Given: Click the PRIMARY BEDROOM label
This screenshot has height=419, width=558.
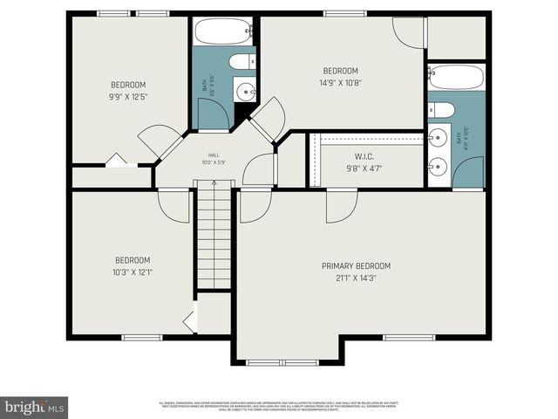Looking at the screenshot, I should [356, 265].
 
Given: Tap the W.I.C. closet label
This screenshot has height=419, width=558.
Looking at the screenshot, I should [364, 158].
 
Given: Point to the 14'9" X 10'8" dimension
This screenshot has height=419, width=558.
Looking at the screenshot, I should [341, 82].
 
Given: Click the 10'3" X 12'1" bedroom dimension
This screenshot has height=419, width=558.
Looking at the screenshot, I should [133, 271].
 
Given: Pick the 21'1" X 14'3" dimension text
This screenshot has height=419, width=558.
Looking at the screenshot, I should [356, 278].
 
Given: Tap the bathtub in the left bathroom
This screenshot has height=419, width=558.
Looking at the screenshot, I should [222, 32].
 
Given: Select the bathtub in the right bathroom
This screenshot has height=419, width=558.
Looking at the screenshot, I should [455, 79].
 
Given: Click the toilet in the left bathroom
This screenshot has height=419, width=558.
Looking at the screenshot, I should [242, 61].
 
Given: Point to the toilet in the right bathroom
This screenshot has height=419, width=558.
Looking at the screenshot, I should [441, 110].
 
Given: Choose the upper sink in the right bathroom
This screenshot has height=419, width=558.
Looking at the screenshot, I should [438, 137].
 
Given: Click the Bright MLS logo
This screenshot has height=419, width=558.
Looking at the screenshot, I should [34, 407].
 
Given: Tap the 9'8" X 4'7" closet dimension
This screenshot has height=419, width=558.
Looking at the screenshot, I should [364, 168].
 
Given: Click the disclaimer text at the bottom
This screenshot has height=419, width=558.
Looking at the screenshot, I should [278, 405].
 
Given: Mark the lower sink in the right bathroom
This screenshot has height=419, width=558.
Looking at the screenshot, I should [438, 166].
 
